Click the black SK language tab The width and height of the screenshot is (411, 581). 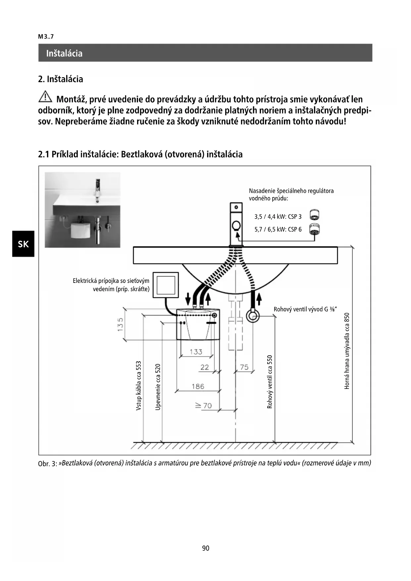23,244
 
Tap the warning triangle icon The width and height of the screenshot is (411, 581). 45,97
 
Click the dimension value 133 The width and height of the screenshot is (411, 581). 196,352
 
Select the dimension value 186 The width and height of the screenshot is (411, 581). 198,386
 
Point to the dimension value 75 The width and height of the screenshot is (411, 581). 244,367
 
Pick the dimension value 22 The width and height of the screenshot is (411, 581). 205,367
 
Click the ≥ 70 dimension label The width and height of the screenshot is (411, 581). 203,405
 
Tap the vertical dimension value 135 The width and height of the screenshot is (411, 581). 120,324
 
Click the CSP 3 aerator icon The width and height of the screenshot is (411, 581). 314,215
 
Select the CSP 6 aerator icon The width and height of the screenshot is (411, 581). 314,229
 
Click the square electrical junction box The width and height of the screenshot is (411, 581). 166,285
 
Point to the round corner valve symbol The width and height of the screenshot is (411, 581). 253,316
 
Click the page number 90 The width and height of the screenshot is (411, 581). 206,548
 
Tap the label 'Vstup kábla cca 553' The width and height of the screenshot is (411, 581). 139,386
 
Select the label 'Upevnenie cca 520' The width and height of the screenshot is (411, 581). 158,387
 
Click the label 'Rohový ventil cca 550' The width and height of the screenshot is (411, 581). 270,382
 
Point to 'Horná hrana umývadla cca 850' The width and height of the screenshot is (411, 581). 347,351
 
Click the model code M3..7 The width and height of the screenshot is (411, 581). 46,37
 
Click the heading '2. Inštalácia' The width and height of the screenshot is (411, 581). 61,79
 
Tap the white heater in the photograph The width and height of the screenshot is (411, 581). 81,230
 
